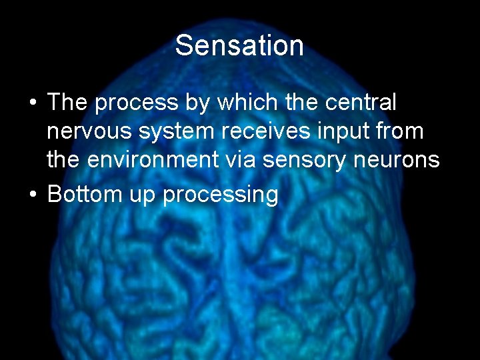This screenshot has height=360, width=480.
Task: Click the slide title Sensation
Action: click(239, 46)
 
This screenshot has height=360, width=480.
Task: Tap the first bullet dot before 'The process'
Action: click(32, 104)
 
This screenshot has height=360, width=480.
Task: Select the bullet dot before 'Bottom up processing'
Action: click(32, 195)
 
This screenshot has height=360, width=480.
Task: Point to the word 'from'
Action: click(399, 132)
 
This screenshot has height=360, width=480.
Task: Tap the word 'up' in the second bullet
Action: click(138, 196)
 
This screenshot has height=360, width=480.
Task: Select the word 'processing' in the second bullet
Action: click(220, 196)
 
